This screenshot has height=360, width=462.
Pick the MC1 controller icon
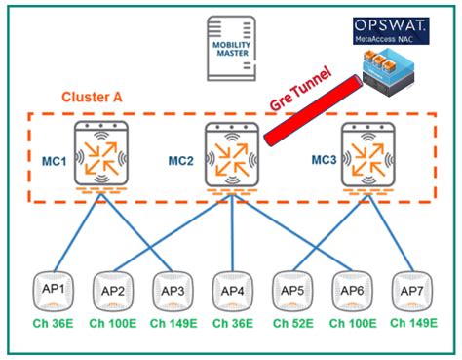click(x=102, y=156)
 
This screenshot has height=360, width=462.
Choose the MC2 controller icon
click(x=232, y=156)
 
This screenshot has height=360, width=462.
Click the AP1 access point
click(x=54, y=291)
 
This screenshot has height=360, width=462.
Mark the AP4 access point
click(x=232, y=291)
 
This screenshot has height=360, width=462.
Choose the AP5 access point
click(x=291, y=291)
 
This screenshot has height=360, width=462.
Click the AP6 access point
click(x=351, y=291)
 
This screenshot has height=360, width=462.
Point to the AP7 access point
click(x=410, y=291)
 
